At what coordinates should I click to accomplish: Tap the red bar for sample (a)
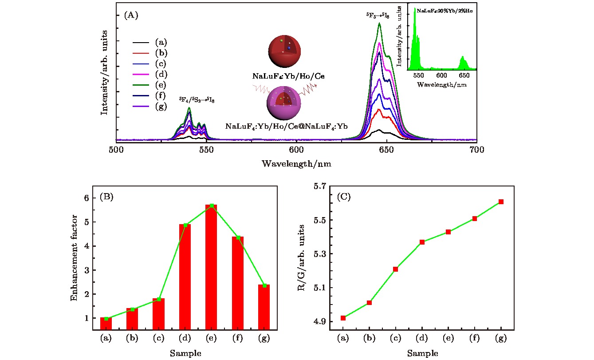[x=106, y=324]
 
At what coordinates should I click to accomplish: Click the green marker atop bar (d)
[x=185, y=225]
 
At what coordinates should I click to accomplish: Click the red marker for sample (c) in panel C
[x=395, y=269]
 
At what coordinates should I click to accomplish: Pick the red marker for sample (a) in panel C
[x=343, y=318]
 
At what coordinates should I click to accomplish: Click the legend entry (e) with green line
[x=161, y=85]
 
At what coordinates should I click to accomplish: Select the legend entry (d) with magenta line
[x=161, y=74]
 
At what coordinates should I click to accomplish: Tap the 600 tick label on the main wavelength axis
[x=296, y=150]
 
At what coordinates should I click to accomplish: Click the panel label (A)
[x=131, y=15]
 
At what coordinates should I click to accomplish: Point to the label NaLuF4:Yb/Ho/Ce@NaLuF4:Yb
[x=286, y=126]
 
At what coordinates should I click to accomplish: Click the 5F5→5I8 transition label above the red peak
[x=377, y=16]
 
